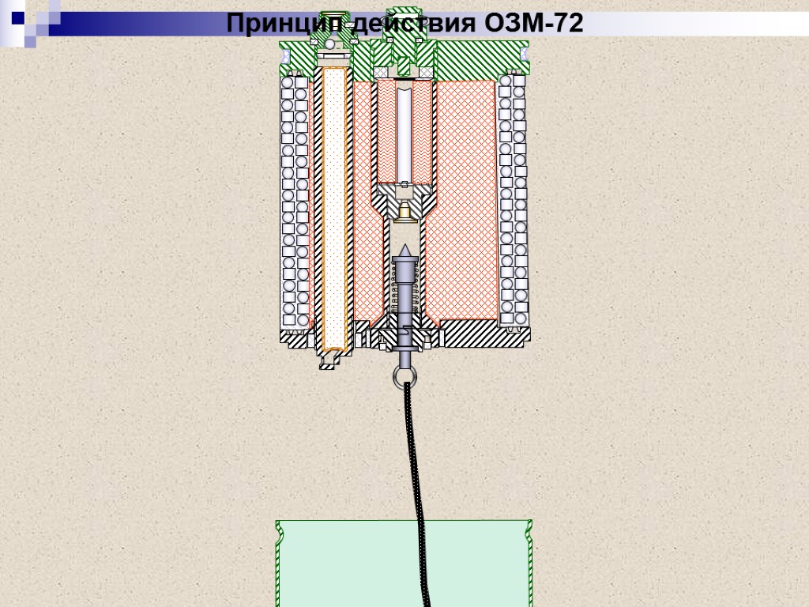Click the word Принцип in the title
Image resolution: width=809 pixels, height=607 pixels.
point(273,24)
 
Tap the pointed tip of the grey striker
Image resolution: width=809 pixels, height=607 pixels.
point(404,250)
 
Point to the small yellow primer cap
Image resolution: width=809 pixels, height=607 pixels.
point(404,211)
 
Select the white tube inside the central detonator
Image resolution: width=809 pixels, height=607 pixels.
point(404,134)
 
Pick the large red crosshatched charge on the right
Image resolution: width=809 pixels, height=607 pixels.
point(466,198)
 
